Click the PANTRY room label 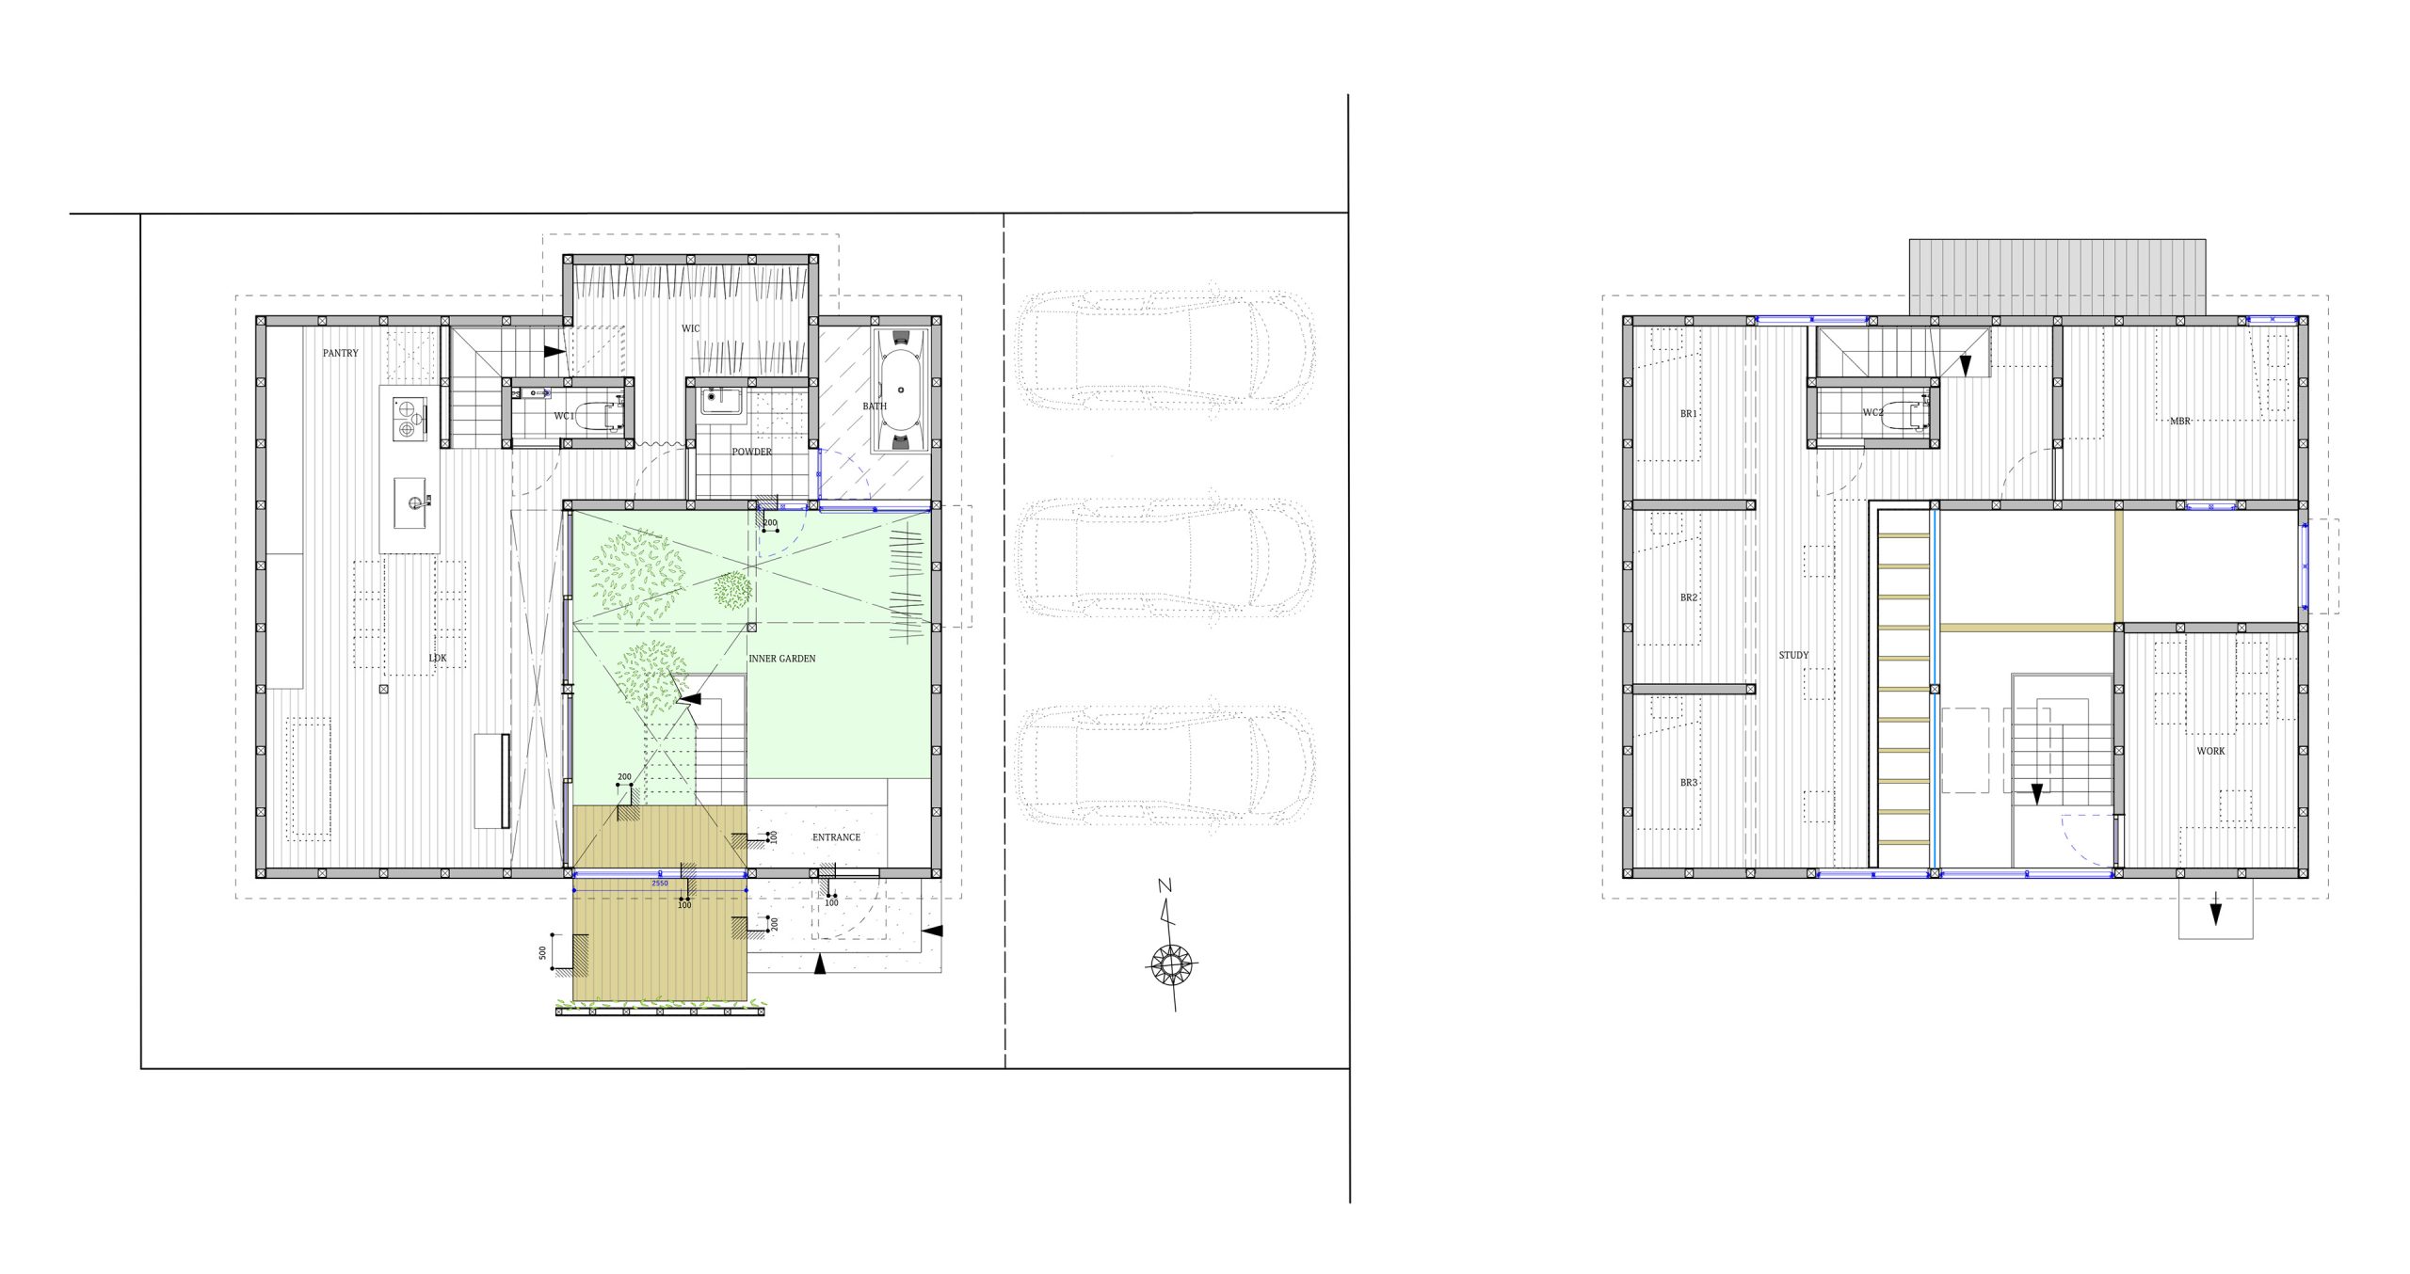[340, 353]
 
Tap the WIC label [690, 328]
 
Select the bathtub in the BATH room [901, 390]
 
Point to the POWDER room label [751, 452]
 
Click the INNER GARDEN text [781, 659]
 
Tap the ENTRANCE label [836, 837]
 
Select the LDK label [438, 658]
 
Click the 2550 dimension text [660, 884]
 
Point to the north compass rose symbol [1171, 963]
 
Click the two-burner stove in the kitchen [409, 418]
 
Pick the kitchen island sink [412, 502]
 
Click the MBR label [2179, 422]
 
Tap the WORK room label [2210, 751]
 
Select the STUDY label [1793, 655]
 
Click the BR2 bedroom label [1689, 597]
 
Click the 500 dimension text [542, 953]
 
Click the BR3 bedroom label [1689, 783]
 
